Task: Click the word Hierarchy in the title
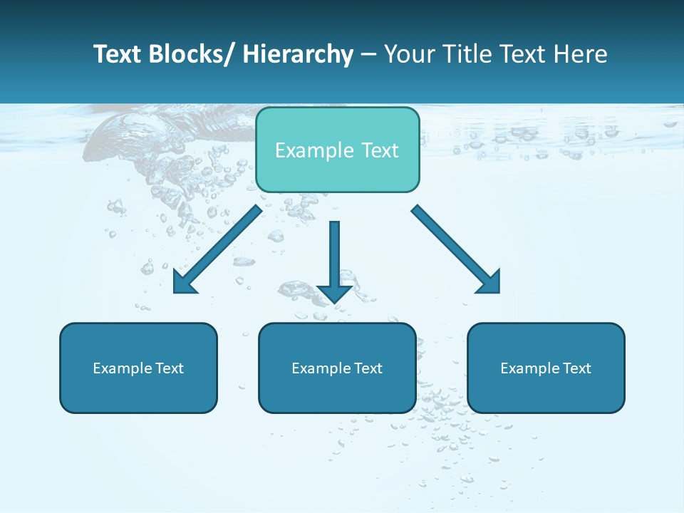point(298,54)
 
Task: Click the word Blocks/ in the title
point(188,54)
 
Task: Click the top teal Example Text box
point(337,150)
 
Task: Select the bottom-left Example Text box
point(138,368)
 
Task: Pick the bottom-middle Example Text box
point(337,368)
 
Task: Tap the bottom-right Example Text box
point(546,368)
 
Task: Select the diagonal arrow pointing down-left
point(217,250)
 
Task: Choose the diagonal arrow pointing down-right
point(456,249)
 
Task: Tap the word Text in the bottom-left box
point(170,368)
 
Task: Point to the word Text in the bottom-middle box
point(368,368)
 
